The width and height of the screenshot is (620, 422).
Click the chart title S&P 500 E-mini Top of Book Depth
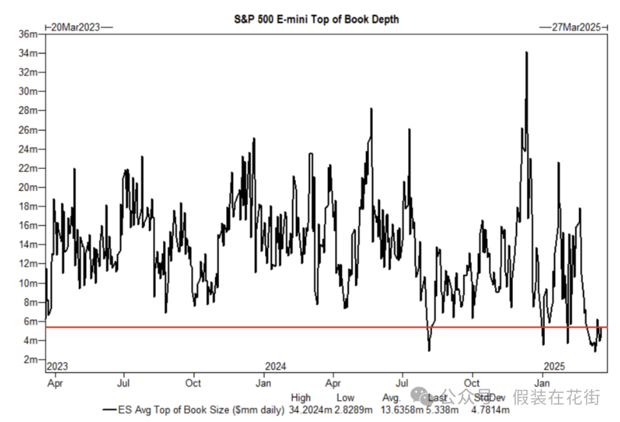(x=316, y=19)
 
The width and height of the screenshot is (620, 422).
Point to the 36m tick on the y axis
(x=29, y=34)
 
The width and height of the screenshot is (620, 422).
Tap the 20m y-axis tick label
(x=29, y=187)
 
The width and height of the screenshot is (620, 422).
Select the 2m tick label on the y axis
(x=31, y=359)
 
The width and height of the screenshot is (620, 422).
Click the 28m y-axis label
(x=29, y=110)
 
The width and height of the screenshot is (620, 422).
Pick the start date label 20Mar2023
(x=76, y=27)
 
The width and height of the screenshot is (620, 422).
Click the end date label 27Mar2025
(x=576, y=27)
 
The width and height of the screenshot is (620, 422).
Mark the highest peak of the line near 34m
(x=526, y=52)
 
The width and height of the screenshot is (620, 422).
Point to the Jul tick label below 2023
(x=123, y=382)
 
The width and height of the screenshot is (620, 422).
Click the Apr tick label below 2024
(x=332, y=382)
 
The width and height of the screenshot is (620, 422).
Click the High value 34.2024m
(x=309, y=410)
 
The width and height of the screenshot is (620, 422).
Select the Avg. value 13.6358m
(x=401, y=410)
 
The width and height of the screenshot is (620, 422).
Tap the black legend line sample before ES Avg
(x=109, y=410)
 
